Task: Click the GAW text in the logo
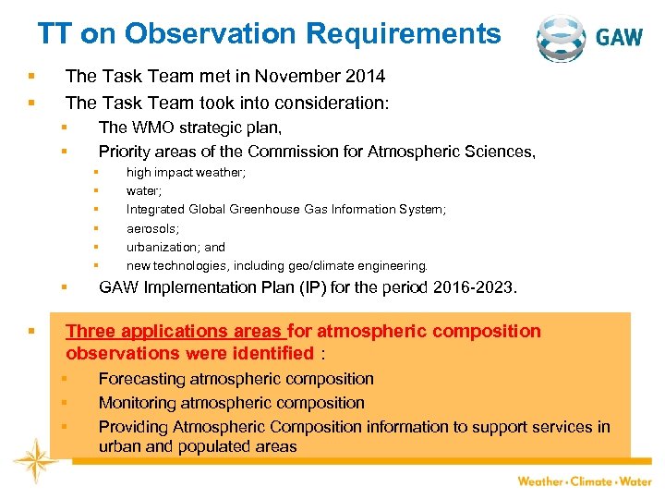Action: tap(620, 38)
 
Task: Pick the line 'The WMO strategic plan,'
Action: tap(190, 127)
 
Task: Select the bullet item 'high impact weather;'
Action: tap(186, 172)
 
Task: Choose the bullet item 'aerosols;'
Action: tap(152, 228)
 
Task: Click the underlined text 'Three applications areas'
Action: tap(175, 331)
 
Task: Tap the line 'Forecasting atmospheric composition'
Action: tap(236, 379)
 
